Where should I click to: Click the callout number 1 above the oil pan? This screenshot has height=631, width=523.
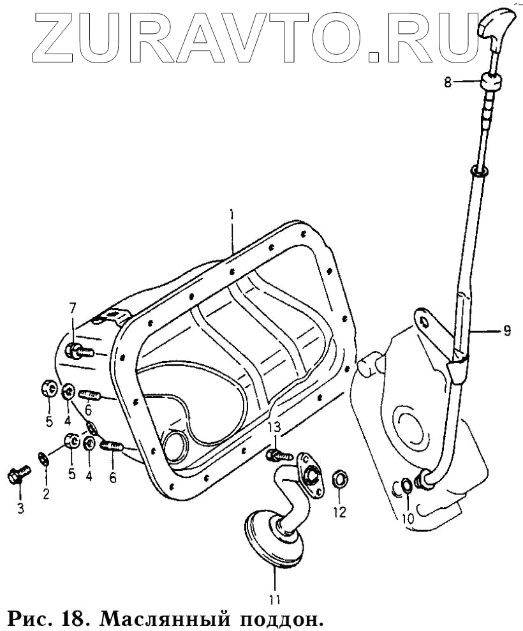click(232, 214)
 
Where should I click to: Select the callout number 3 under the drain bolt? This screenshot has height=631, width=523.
click(20, 509)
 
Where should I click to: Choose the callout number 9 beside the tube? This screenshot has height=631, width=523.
click(507, 330)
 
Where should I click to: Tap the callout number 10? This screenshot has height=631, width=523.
click(407, 518)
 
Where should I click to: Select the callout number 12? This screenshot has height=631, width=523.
click(340, 512)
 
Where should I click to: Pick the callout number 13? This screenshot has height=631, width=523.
click(274, 427)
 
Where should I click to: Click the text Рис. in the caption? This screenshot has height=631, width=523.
click(29, 618)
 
